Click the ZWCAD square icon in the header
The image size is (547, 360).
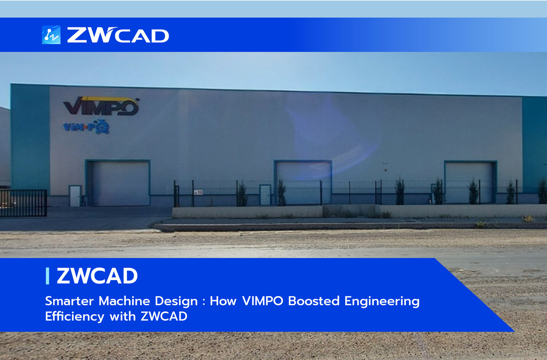coord(51,35)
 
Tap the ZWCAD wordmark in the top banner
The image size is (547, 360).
coord(118,35)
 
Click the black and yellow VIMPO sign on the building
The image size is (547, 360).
coord(101,106)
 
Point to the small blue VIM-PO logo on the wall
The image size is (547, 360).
coord(86,127)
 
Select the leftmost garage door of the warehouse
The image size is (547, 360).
coord(121,183)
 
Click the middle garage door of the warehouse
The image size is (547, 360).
coord(304,183)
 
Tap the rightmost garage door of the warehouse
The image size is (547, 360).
coord(469,183)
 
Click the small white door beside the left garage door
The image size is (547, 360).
coord(75,196)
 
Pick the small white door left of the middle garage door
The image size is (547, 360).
coord(265,195)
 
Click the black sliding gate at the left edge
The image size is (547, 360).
coord(23,203)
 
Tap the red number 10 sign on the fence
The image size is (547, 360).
coord(198,192)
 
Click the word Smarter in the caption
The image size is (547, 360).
coord(69,301)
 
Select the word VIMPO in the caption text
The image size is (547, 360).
coord(263,301)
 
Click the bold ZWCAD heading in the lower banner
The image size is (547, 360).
coord(97,276)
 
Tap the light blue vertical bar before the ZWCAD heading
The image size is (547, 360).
coord(47,276)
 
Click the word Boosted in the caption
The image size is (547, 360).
coord(314,301)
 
